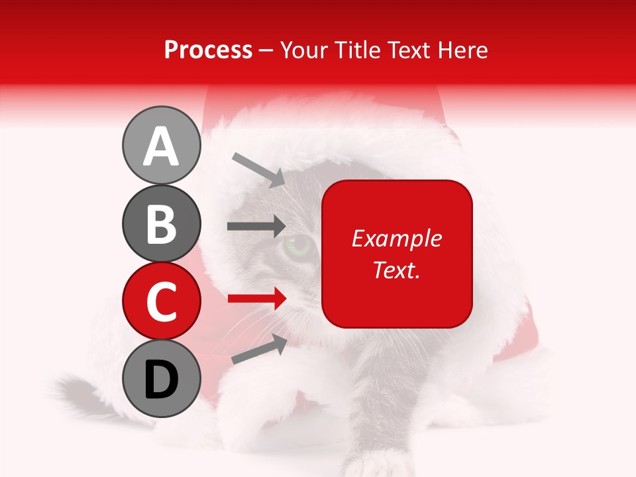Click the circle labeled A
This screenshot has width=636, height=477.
pyautogui.click(x=161, y=145)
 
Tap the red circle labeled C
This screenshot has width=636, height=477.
pyautogui.click(x=161, y=301)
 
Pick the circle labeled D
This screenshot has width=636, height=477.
pyautogui.click(x=161, y=378)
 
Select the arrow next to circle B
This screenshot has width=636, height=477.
pyautogui.click(x=256, y=227)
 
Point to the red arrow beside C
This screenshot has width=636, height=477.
pyautogui.click(x=256, y=299)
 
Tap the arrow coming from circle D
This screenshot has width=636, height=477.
pyautogui.click(x=259, y=349)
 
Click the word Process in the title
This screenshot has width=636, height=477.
pyautogui.click(x=208, y=50)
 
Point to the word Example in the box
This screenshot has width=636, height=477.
pyautogui.click(x=396, y=238)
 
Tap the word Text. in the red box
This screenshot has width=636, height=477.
pyautogui.click(x=396, y=270)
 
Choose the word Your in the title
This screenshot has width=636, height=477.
pyautogui.click(x=304, y=50)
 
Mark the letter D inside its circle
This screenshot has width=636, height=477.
pyautogui.click(x=161, y=380)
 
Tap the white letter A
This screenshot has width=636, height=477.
pyautogui.click(x=161, y=146)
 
